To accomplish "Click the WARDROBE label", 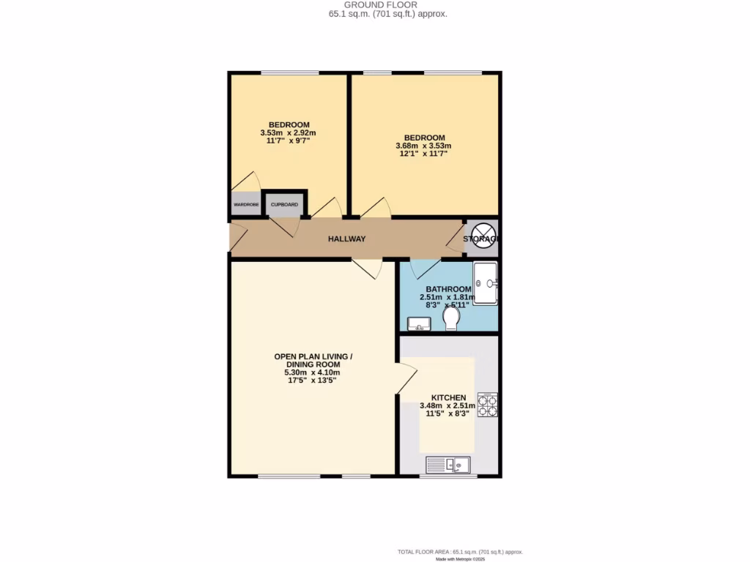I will [246, 205].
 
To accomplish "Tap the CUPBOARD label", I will [285, 205].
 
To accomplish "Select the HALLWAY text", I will [346, 239].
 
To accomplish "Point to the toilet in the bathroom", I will [451, 318].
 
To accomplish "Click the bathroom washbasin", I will [419, 322].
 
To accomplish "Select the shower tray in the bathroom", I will [486, 282].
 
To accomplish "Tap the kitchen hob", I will [487, 405].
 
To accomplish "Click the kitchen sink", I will [448, 464].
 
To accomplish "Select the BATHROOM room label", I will [448, 290].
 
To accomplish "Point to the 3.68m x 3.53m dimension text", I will [425, 146].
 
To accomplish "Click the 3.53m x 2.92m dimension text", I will [288, 132].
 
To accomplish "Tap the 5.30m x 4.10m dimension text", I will [313, 372].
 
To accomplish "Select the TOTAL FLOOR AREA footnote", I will [461, 552].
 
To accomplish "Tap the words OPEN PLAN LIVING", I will [313, 356].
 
